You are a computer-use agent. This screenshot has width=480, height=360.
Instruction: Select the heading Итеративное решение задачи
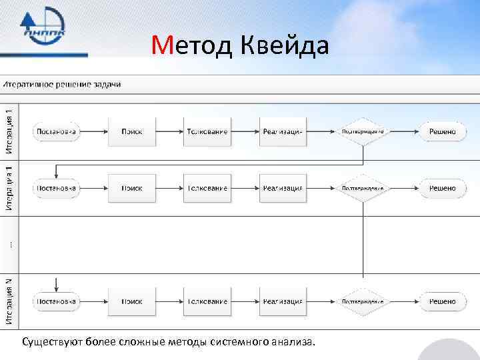(x=63, y=84)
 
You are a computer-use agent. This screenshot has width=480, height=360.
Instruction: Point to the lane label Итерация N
(x=9, y=301)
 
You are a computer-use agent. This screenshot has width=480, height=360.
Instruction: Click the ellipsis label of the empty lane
(x=9, y=245)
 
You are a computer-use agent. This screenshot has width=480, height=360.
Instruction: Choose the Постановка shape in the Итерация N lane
(x=56, y=301)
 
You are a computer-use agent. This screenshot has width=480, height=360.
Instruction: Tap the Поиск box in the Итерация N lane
(x=131, y=301)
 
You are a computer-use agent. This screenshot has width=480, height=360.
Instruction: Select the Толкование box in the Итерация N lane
(x=207, y=301)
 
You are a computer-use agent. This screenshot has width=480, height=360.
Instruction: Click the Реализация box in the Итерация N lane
(x=283, y=301)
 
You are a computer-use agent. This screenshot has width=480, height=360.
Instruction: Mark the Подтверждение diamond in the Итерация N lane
(x=363, y=301)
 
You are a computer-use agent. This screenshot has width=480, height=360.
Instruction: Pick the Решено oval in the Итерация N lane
(x=442, y=301)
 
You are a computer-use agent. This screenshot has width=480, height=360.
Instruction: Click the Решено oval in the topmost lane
(x=442, y=131)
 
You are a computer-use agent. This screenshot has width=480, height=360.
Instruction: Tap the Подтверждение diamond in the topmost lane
(x=363, y=131)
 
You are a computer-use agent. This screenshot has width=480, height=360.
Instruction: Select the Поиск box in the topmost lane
(x=131, y=131)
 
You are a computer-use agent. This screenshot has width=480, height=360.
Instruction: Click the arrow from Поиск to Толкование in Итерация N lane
(x=169, y=301)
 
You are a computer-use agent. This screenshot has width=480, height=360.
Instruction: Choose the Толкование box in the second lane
(x=207, y=188)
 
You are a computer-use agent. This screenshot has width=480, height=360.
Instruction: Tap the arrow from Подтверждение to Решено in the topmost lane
(x=403, y=131)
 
